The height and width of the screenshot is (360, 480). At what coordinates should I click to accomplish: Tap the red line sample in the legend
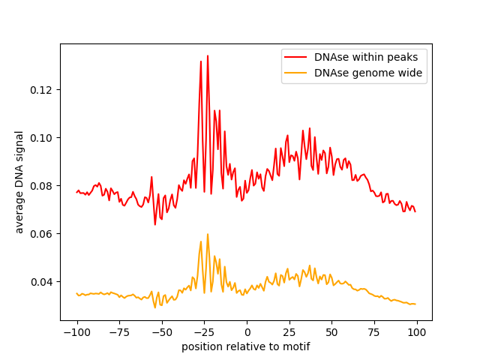pyautogui.click(x=296, y=56)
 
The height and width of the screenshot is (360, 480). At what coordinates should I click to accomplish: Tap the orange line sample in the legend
pyautogui.click(x=296, y=73)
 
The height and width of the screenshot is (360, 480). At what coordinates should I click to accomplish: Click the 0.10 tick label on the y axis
pyautogui.click(x=43, y=138)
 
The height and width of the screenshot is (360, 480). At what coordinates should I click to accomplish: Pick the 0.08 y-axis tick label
pyautogui.click(x=43, y=186)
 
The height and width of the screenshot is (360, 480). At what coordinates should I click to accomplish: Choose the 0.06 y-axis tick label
pyautogui.click(x=43, y=234)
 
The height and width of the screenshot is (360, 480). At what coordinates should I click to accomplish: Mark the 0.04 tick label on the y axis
pyautogui.click(x=43, y=282)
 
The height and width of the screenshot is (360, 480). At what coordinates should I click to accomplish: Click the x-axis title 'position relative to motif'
pyautogui.click(x=246, y=346)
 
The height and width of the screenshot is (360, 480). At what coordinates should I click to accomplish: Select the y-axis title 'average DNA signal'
pyautogui.click(x=19, y=181)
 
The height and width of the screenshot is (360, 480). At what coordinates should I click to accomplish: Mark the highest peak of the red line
pyautogui.click(x=208, y=55)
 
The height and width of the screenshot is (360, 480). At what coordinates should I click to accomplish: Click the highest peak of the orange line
pyautogui.click(x=208, y=234)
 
